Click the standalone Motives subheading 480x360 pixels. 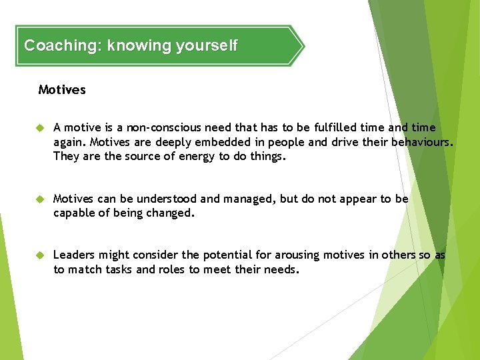(x=62, y=89)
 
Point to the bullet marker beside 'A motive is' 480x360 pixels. (x=40, y=127)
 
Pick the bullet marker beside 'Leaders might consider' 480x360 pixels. (x=40, y=255)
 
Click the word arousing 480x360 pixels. (x=296, y=255)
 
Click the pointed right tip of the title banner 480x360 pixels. (x=303, y=46)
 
